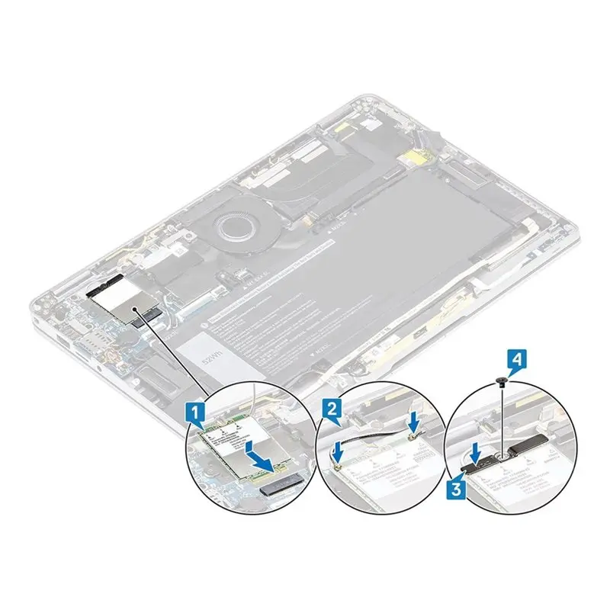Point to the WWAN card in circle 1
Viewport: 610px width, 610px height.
pos(229,450)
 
